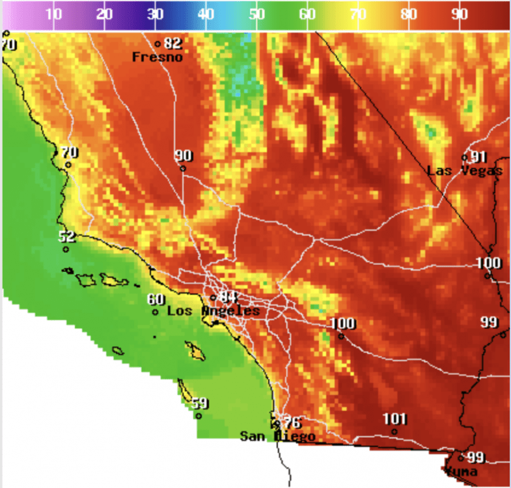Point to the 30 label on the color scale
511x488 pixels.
(x=155, y=14)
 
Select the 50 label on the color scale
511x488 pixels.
(x=256, y=14)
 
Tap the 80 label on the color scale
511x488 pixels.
(x=409, y=14)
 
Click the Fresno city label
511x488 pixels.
(x=157, y=57)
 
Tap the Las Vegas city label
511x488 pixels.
(x=464, y=171)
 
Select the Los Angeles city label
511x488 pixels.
(x=213, y=312)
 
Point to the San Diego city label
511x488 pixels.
(x=277, y=436)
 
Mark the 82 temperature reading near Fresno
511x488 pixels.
(x=173, y=44)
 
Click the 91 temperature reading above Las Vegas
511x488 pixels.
(x=479, y=157)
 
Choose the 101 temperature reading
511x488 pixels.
(x=394, y=418)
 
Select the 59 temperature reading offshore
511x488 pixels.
(x=200, y=403)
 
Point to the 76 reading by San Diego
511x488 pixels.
(x=292, y=422)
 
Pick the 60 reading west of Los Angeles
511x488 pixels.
(x=156, y=299)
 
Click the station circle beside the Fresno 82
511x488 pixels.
(x=158, y=44)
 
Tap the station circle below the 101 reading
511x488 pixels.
(x=394, y=431)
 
